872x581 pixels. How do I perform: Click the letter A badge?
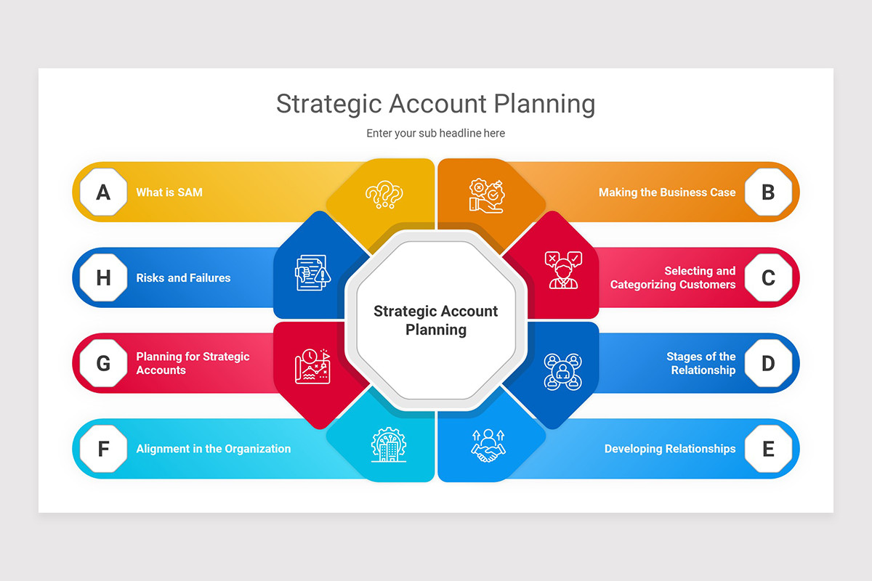click(x=103, y=192)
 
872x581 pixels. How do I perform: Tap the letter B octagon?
click(x=768, y=192)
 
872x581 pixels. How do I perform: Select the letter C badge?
click(x=768, y=278)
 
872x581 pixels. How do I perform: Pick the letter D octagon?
click(x=768, y=363)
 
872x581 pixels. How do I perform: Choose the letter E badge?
click(x=768, y=449)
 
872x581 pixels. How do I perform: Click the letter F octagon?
click(x=103, y=449)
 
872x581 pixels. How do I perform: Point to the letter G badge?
click(x=103, y=363)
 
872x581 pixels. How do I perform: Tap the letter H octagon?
click(x=103, y=278)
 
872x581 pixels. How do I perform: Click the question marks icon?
click(x=384, y=195)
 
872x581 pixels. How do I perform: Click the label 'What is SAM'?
click(x=169, y=192)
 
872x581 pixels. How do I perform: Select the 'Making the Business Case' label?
click(x=666, y=192)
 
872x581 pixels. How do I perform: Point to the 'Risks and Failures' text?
click(x=183, y=278)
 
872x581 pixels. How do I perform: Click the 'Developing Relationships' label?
click(x=669, y=449)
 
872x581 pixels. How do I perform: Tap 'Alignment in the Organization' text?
click(x=213, y=449)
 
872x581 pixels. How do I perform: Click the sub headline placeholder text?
click(x=435, y=133)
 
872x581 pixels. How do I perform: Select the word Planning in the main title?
click(x=544, y=104)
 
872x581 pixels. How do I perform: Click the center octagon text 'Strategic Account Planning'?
click(x=435, y=320)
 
